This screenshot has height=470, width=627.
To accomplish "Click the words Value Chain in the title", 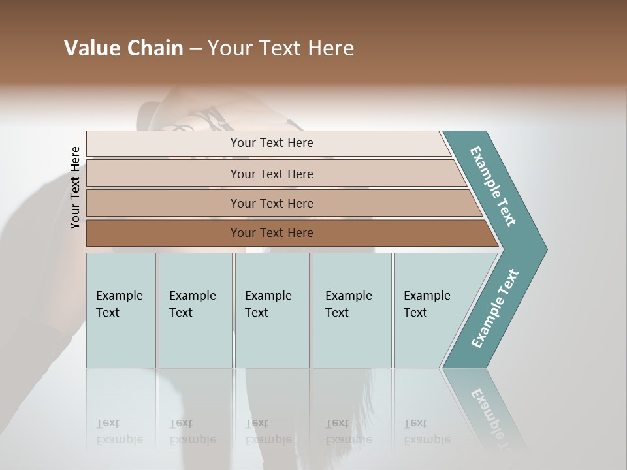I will click(x=123, y=48).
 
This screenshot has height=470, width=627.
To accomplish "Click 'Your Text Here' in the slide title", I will click(x=281, y=48).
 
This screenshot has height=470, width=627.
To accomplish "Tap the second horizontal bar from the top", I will click(x=272, y=174).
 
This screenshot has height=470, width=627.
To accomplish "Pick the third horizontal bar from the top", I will click(x=272, y=203).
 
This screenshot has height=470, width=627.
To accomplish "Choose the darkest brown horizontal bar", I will click(x=272, y=233).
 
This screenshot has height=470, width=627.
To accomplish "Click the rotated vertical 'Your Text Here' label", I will click(x=75, y=187).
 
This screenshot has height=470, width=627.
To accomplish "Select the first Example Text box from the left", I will click(x=121, y=310).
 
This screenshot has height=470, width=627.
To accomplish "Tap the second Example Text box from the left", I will click(x=195, y=310).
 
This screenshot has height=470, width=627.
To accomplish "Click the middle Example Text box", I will click(x=272, y=310).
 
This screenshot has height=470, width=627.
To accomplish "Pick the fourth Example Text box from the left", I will click(x=351, y=310).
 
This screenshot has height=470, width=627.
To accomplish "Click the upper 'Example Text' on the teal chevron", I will click(x=493, y=186).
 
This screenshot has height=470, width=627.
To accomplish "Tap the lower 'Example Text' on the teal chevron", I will click(x=494, y=309).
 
